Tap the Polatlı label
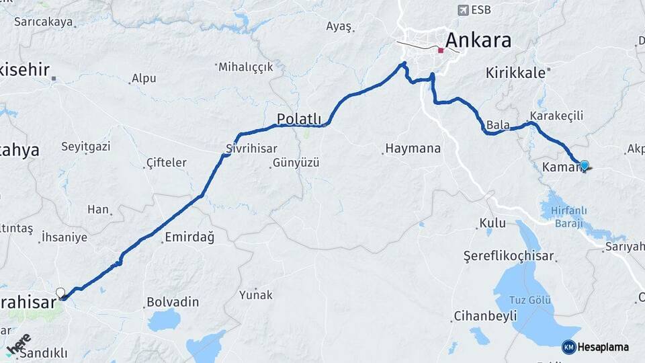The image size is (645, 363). click(299, 120)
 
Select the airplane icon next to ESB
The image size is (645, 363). click(463, 9)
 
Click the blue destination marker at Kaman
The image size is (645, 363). click(584, 165)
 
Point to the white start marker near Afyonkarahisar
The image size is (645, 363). click(60, 292)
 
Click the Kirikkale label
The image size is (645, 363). click(515, 73)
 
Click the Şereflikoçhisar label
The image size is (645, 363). click(509, 256)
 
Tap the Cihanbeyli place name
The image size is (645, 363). click(485, 315)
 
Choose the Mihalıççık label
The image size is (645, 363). click(247, 67)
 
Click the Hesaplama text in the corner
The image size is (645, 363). click(603, 347)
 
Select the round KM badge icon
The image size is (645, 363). click(568, 347)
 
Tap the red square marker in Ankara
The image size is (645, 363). click(441, 50)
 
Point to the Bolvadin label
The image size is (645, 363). click(173, 302)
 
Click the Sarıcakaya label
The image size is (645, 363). click(43, 22)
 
